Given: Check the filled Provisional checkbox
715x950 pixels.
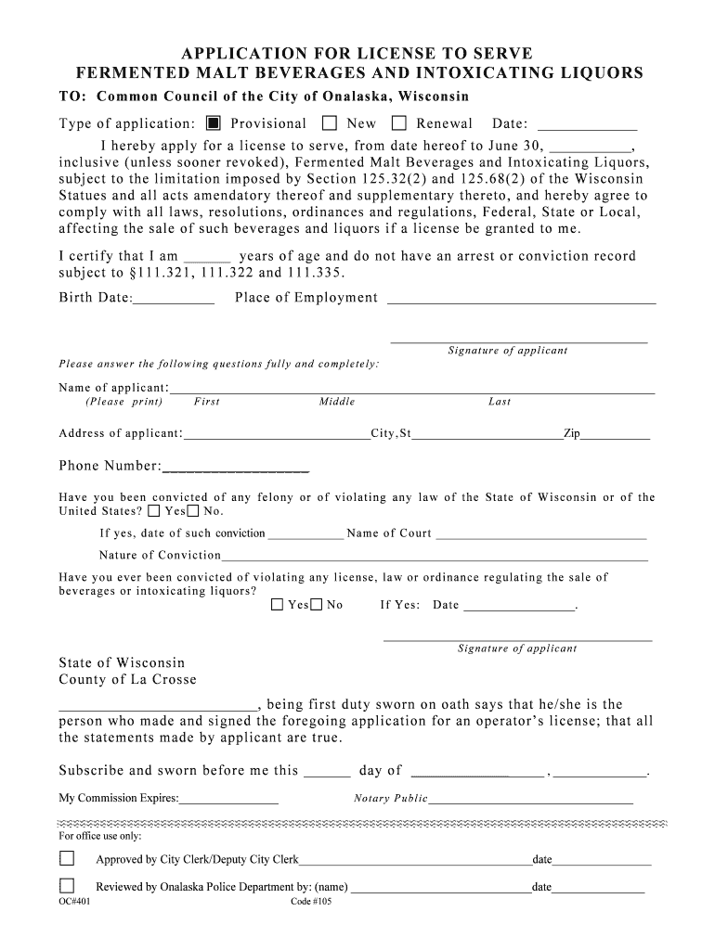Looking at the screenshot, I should coord(214,123).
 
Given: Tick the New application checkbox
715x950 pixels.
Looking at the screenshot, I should coord(330,123).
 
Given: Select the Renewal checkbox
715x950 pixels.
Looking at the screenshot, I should coord(399,123).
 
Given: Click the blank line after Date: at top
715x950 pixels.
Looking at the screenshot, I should coord(587,125).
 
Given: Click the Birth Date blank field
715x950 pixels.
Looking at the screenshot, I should coord(174,300).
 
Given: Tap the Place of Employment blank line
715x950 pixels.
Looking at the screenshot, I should coord(521,300).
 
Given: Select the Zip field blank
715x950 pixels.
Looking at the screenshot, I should coord(616,435).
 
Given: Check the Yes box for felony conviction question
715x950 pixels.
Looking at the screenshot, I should coord(154,511).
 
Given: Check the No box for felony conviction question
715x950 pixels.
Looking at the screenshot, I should coord(193,511).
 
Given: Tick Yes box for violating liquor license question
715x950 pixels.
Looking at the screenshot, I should coord(277,605).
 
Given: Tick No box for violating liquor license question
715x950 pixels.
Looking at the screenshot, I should coord(317,605).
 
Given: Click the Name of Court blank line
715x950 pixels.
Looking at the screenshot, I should coord(540,535).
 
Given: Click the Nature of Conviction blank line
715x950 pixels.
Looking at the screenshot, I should coord(435,558).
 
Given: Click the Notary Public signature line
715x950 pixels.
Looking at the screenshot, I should coord(530,800).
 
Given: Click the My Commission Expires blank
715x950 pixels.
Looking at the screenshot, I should coord(229,800).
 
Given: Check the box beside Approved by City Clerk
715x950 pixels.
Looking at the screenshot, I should coord(68,859).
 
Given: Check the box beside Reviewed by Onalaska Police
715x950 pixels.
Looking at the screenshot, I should coord(68,885).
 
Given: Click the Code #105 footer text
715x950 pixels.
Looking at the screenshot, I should coord(312,905).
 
